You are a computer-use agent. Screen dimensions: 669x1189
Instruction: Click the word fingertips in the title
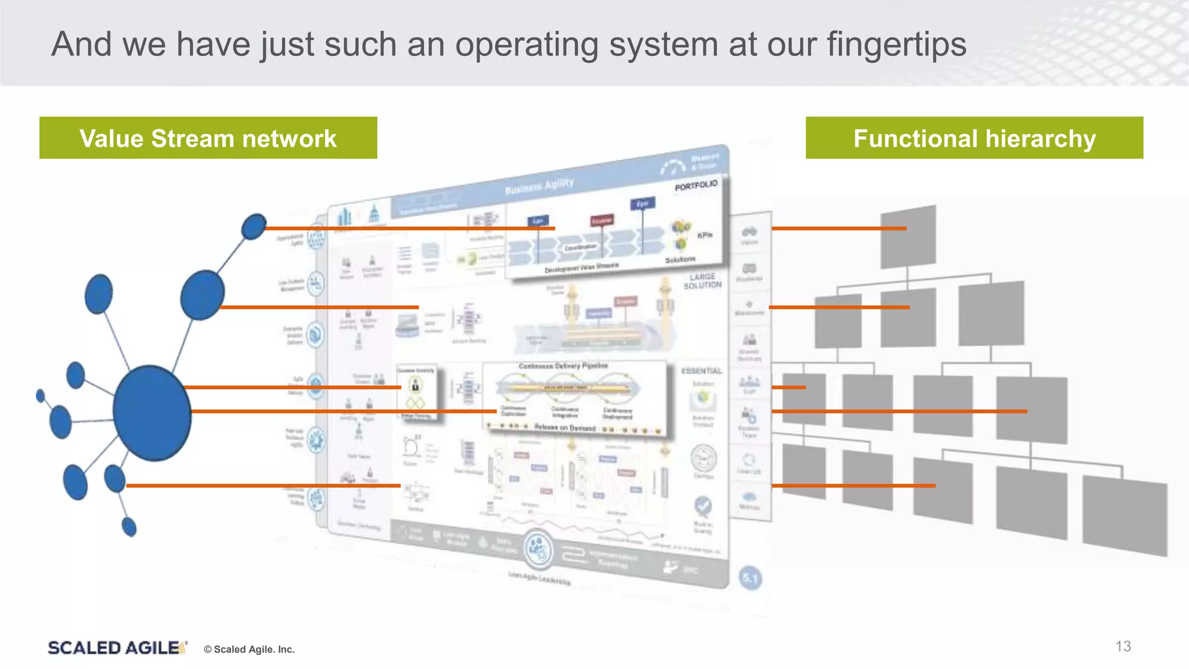(896, 45)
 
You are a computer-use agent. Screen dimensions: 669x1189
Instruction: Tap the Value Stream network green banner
(208, 138)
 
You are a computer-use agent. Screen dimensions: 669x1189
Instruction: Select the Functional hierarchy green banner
(974, 138)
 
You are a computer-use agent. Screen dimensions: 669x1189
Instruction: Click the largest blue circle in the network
(152, 413)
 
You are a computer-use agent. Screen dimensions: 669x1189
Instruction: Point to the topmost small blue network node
(254, 226)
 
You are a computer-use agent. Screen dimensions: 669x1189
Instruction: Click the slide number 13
(1123, 646)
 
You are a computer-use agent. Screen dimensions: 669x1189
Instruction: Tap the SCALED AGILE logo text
(114, 648)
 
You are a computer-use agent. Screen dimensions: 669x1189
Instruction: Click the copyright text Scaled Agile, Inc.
(250, 649)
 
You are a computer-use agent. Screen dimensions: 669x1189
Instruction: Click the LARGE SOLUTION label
(702, 281)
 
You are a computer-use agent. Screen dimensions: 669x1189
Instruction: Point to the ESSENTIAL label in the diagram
(701, 371)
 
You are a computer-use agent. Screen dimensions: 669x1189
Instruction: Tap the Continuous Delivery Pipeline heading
(563, 366)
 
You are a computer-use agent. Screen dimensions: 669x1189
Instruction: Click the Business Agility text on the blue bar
(539, 186)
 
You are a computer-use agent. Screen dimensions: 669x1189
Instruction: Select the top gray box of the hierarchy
(908, 237)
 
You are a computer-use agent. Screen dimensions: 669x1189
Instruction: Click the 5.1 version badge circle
(750, 578)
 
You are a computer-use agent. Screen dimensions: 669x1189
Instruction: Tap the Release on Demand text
(564, 428)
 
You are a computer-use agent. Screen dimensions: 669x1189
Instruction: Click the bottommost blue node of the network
(129, 527)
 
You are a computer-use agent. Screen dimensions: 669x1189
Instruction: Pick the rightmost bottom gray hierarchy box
(1124, 515)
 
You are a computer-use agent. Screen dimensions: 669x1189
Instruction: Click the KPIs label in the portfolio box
(704, 235)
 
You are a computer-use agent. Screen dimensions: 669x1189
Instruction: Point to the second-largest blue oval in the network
(202, 295)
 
